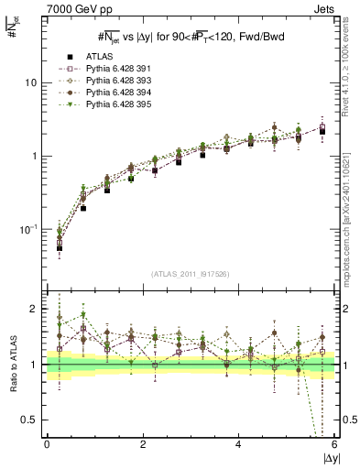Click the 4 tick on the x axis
(x=238, y=445)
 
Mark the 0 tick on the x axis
(x=47, y=445)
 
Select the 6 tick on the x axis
(x=333, y=445)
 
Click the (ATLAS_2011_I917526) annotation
(x=191, y=274)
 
